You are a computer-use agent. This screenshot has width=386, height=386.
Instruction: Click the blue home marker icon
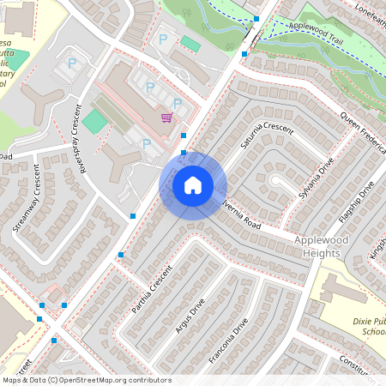pyautogui.click(x=193, y=184)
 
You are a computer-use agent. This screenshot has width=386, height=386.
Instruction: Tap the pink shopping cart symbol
pyautogui.click(x=166, y=118)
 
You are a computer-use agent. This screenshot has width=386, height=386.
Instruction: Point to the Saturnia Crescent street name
pyautogui.click(x=267, y=137)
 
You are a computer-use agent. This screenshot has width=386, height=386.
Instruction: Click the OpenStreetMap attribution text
pyautogui.click(x=86, y=380)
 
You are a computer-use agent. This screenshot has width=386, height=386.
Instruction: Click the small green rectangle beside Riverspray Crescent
pyautogui.click(x=95, y=122)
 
